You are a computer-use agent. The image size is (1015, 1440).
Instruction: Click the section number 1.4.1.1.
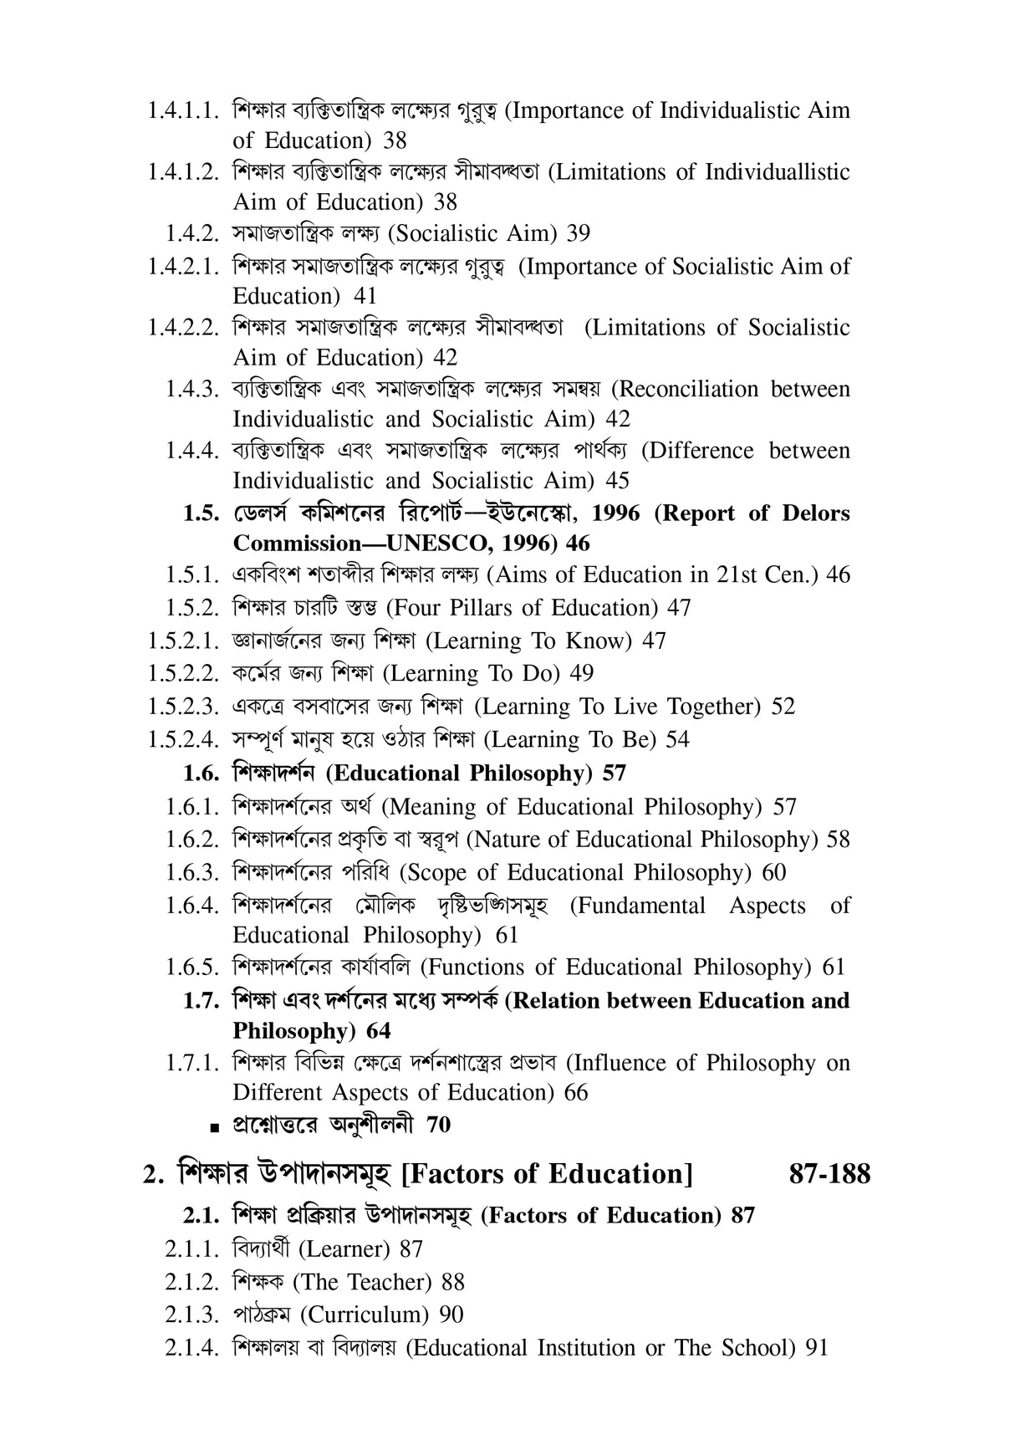184,111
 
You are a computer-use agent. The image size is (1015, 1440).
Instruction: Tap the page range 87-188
829,1174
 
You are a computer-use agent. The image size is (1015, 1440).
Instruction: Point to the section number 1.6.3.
193,873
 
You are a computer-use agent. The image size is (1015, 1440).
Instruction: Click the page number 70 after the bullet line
438,1126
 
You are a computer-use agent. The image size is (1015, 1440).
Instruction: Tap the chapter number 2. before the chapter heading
152,1175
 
